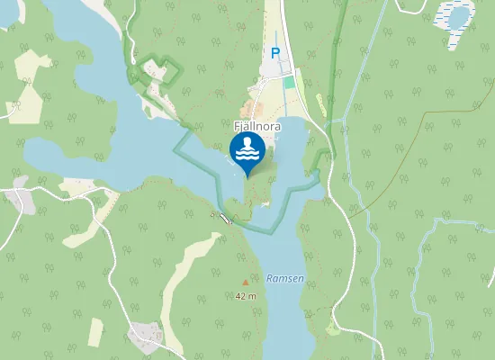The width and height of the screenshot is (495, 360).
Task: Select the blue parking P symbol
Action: pyautogui.click(x=275, y=53)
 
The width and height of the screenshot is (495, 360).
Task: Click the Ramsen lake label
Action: pyautogui.click(x=285, y=279)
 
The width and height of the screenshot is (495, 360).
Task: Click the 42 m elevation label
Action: pyautogui.click(x=246, y=295)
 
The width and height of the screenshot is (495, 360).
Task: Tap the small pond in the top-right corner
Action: pyautogui.click(x=459, y=16)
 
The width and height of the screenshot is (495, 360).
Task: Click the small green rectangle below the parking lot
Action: pyautogui.click(x=289, y=82)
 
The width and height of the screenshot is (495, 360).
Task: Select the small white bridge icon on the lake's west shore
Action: pyautogui.click(x=223, y=217)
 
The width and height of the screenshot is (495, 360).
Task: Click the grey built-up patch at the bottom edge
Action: pyautogui.click(x=145, y=337)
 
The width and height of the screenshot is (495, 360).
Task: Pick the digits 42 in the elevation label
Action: pyautogui.click(x=240, y=295)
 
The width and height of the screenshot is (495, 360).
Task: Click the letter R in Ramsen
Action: pyautogui.click(x=270, y=279)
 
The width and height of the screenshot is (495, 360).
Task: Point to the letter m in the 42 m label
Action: pyautogui.click(x=253, y=295)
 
